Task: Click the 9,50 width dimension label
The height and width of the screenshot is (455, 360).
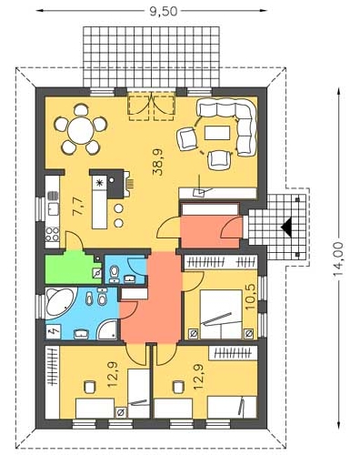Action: coord(164,11)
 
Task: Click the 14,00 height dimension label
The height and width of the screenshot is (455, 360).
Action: coord(338,258)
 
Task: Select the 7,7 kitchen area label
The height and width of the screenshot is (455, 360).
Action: coord(78,207)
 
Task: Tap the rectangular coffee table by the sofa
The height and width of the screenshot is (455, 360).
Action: coord(217,133)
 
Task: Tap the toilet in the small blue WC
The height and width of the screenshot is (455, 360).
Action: coord(114,271)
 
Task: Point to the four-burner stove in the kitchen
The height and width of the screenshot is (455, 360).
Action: coord(53,234)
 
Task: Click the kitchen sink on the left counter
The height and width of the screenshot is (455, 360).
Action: coord(54,209)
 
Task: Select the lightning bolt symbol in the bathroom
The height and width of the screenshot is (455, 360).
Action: coord(54,331)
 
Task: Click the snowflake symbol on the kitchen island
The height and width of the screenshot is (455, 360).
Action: coord(99,183)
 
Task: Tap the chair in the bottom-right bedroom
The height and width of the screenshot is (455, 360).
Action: coord(179,387)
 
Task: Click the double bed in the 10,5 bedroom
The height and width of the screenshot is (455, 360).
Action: coord(221,314)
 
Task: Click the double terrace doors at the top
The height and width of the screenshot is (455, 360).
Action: coord(152,106)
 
